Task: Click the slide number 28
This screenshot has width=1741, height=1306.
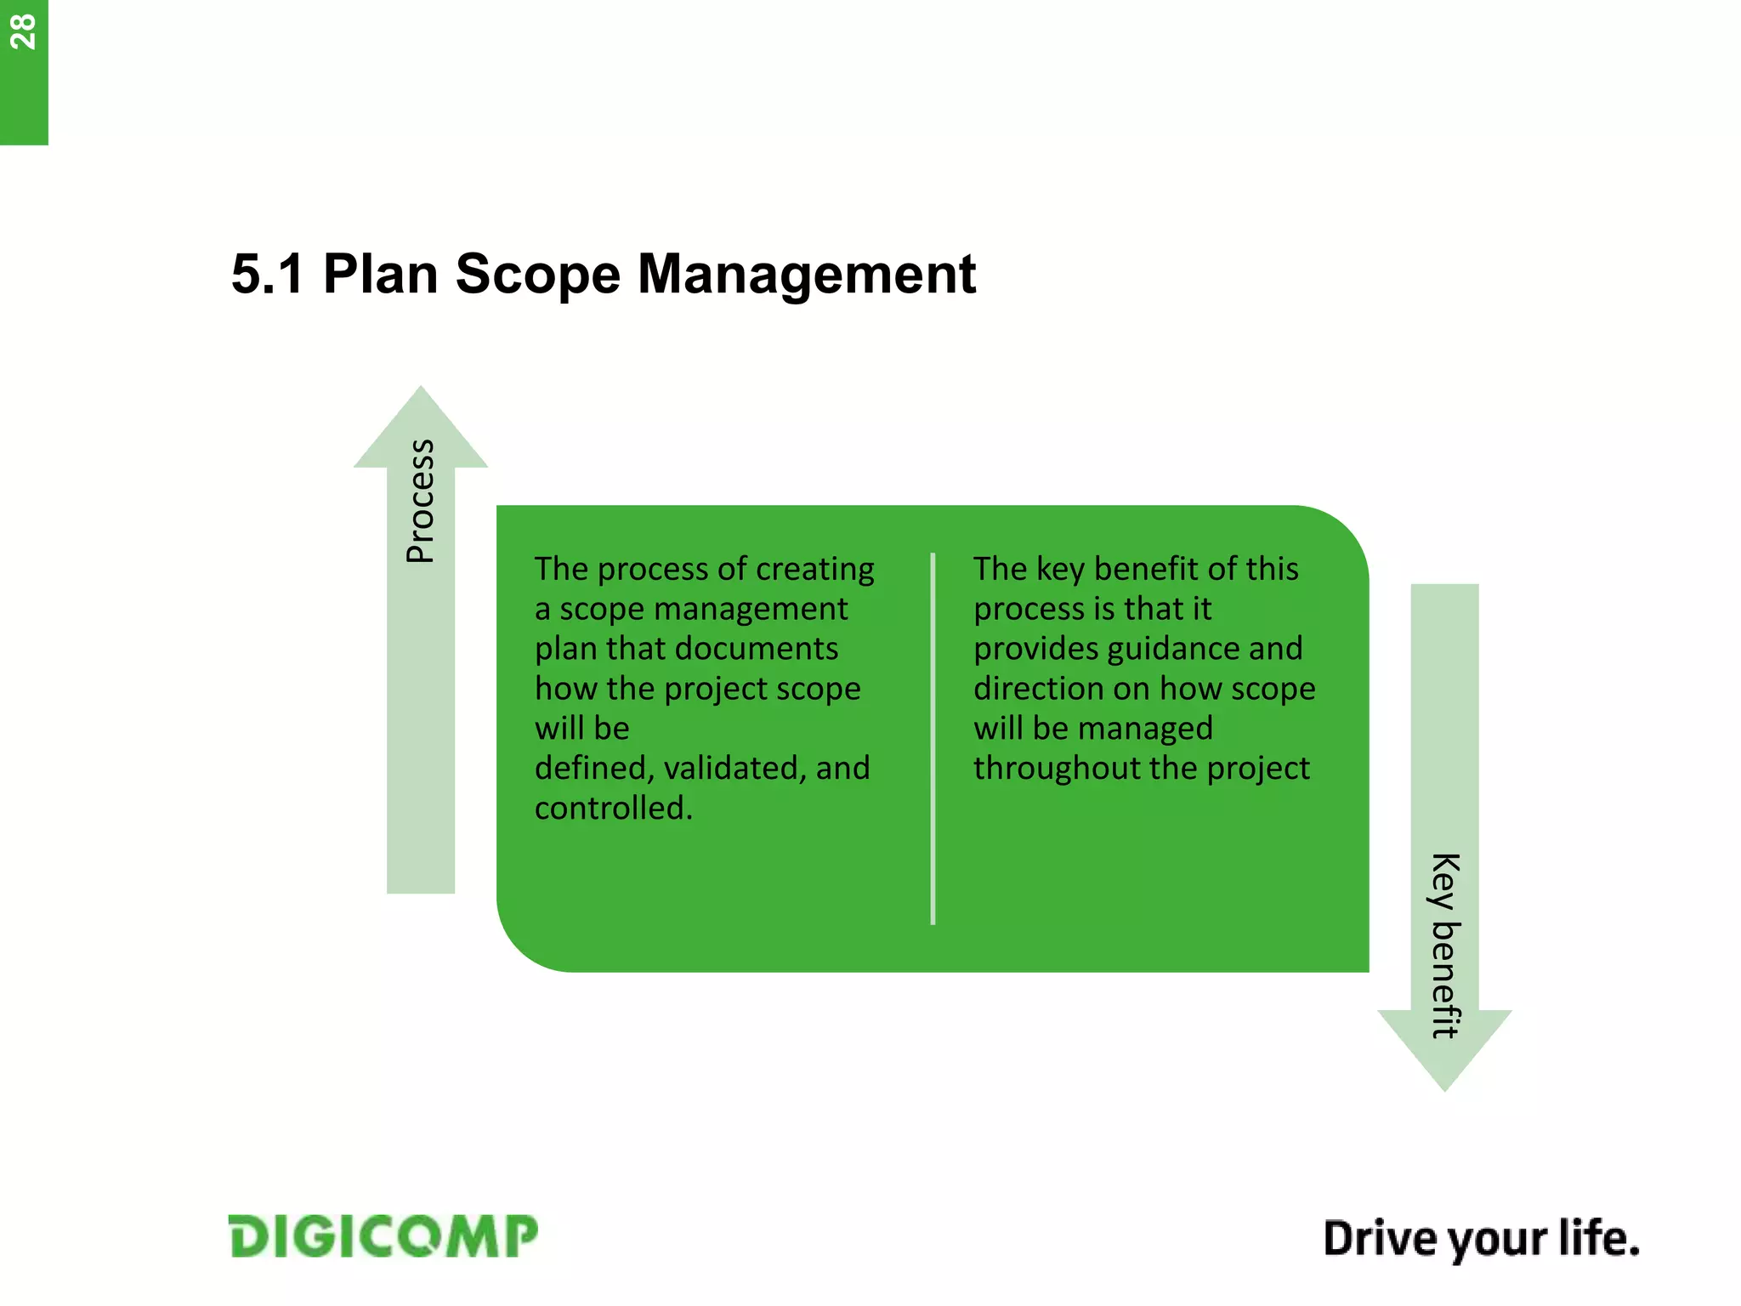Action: point(23,32)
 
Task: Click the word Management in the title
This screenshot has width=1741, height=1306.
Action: point(806,275)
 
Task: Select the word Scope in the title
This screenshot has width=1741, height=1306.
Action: point(537,275)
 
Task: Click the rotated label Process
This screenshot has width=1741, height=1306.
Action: point(421,502)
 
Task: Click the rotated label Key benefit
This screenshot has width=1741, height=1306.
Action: point(1444,945)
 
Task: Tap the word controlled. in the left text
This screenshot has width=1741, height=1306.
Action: point(614,808)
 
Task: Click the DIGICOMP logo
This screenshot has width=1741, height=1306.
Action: point(383,1236)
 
